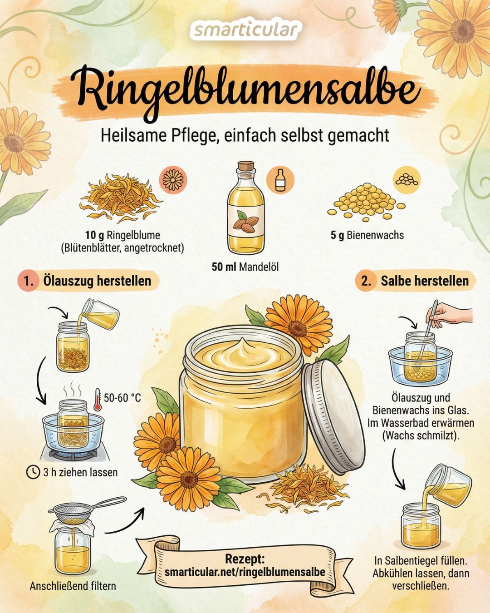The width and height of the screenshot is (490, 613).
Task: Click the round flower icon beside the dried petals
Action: tap(173, 180)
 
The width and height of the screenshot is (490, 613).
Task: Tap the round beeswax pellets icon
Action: tap(407, 180)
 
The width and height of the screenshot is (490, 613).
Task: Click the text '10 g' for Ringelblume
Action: tap(95, 235)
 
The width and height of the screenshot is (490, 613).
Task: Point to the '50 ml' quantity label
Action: tap(224, 267)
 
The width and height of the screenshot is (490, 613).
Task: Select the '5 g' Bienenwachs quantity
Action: tap(338, 235)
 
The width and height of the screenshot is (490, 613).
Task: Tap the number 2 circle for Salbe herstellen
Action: tap(366, 281)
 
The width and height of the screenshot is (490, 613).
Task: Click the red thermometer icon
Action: tap(98, 399)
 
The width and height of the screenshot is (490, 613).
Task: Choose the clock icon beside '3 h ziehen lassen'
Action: tap(33, 472)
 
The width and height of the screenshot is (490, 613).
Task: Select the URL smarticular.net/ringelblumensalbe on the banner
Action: tap(245, 571)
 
